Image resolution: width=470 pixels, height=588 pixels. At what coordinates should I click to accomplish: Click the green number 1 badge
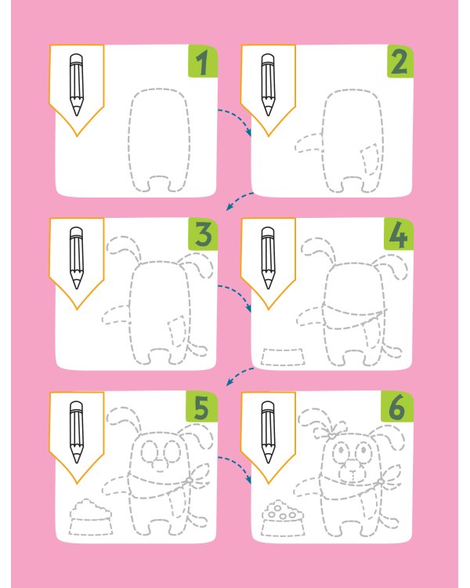coord(203,61)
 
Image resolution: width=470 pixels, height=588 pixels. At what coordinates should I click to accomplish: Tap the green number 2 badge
coord(400,61)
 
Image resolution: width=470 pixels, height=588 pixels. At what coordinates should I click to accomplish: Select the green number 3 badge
coord(203,234)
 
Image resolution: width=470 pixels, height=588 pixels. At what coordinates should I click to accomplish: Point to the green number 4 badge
coord(399,234)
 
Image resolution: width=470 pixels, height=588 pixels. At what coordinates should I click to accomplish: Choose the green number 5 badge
coord(201,406)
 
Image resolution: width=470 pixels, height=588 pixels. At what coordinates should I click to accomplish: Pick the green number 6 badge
coord(397,406)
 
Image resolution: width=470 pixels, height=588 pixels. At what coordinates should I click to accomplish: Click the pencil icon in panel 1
coord(77,85)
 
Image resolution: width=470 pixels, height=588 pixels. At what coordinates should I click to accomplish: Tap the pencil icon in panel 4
coord(268,258)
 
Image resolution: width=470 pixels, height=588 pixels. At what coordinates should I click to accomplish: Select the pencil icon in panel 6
coord(268,432)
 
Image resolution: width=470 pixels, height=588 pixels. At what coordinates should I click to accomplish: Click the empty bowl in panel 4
coord(283,357)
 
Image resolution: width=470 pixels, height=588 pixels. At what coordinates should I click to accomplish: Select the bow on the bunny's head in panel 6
coord(331,432)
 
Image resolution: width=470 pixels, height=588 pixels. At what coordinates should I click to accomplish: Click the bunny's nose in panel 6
coord(352,472)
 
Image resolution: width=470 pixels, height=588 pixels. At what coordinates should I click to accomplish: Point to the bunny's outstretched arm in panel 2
coord(308,143)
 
